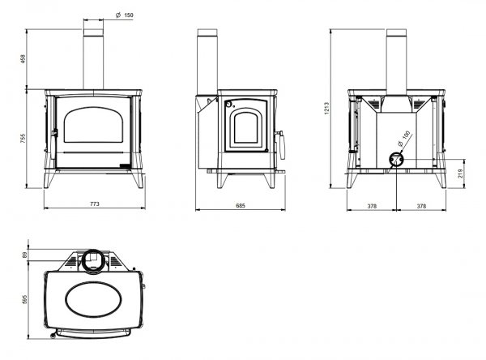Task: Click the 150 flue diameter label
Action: [129, 15]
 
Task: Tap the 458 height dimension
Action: [23, 59]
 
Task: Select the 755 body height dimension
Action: [23, 139]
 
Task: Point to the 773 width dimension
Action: [95, 204]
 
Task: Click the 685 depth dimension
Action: [241, 205]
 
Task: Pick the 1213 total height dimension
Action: [327, 109]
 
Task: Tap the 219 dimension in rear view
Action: [460, 174]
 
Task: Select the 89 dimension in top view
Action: [25, 255]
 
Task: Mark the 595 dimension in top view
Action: [25, 299]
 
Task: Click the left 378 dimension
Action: [372, 206]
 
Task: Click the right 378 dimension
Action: [421, 206]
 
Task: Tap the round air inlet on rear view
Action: [396, 160]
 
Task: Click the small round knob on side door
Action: [228, 104]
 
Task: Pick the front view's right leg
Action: [138, 180]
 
